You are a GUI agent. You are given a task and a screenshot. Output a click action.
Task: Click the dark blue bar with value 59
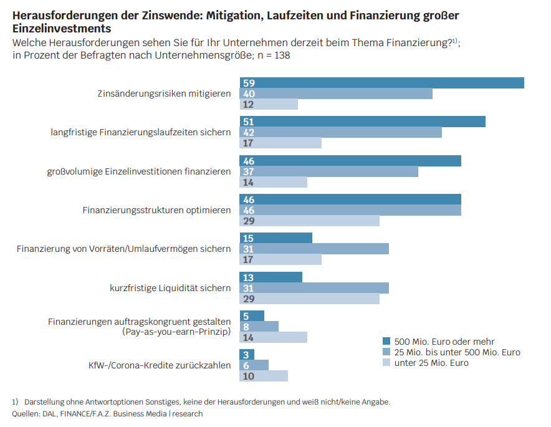pos(381,83)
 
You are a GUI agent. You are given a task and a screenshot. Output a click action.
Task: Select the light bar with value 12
pos(269,104)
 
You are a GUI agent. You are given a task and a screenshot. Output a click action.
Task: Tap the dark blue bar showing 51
pos(362,122)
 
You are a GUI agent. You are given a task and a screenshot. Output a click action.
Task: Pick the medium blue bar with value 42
pos(340,132)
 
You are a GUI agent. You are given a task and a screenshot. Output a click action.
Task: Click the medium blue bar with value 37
pos(328,171)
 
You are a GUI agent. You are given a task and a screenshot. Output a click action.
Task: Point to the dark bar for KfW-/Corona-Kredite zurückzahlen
pos(247,355)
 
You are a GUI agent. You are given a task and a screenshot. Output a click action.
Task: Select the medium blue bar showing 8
pos(259,327)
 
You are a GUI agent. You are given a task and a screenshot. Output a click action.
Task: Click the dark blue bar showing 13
pos(271,277)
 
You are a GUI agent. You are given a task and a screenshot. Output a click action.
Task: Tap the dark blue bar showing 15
pos(275,238)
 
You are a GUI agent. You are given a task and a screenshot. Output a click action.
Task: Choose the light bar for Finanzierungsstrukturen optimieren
pos(309,221)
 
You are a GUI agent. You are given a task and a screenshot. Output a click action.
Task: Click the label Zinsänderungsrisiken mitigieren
pos(164,94)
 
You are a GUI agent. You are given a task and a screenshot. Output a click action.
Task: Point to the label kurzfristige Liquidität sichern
pos(170,288)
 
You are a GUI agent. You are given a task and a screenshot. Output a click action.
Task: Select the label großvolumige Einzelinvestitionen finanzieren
pos(139,171)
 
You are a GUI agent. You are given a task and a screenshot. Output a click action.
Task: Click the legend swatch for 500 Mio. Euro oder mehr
pos(386,342)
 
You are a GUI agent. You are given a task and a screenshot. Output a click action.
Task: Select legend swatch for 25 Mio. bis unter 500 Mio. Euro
pos(386,352)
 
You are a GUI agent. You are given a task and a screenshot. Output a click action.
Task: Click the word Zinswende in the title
pos(153,14)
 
